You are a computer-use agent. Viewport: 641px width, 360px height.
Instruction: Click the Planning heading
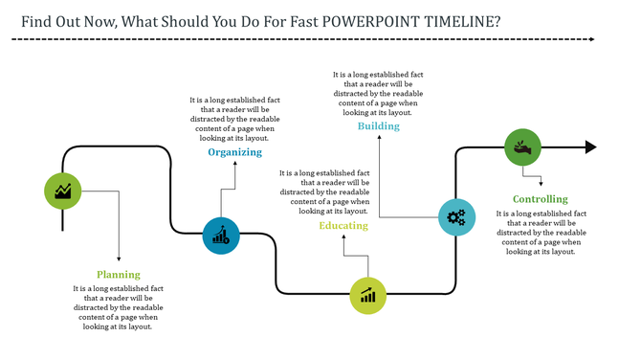118,274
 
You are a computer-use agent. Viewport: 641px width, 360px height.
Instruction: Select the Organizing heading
234,152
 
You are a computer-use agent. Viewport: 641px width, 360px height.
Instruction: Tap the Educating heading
343,225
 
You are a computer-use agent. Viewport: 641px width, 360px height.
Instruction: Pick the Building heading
379,125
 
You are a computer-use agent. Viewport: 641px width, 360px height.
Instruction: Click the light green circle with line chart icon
63,191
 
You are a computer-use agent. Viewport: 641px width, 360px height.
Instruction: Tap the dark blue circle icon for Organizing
221,235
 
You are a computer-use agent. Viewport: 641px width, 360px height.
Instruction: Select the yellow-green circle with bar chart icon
367,295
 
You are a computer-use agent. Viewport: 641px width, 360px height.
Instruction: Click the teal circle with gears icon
456,216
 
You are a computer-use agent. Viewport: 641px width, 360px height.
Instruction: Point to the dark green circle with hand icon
522,147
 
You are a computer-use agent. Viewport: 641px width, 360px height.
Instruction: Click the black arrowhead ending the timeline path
590,147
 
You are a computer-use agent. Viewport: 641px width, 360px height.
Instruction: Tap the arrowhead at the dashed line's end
592,40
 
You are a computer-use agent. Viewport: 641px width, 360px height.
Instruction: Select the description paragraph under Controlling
541,233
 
